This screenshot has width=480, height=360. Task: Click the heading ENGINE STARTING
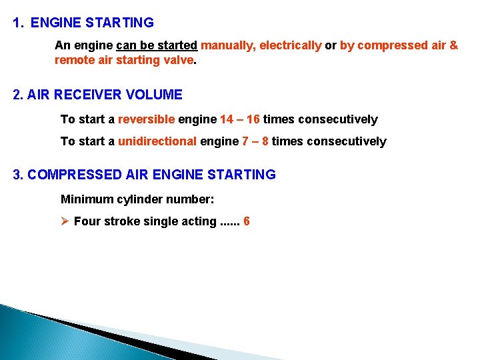92,23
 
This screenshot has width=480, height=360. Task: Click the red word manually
227,45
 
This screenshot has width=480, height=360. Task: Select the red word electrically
290,45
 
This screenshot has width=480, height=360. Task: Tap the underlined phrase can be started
157,45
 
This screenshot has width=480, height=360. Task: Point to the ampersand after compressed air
454,45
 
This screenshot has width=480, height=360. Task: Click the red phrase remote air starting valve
124,59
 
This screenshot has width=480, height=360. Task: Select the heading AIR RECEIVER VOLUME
104,95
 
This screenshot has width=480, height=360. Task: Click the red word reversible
146,119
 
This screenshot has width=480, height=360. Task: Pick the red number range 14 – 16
239,119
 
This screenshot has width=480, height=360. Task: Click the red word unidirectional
157,141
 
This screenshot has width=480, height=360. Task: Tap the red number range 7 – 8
255,141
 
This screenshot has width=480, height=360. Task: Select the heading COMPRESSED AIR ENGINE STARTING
151,175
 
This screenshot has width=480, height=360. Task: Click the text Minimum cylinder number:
137,199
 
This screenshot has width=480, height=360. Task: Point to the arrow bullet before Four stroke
65,221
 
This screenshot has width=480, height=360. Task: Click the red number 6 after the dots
247,221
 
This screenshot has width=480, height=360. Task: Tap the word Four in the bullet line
87,221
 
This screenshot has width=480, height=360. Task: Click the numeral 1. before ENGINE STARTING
19,23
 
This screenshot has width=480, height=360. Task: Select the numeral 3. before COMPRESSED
19,175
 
